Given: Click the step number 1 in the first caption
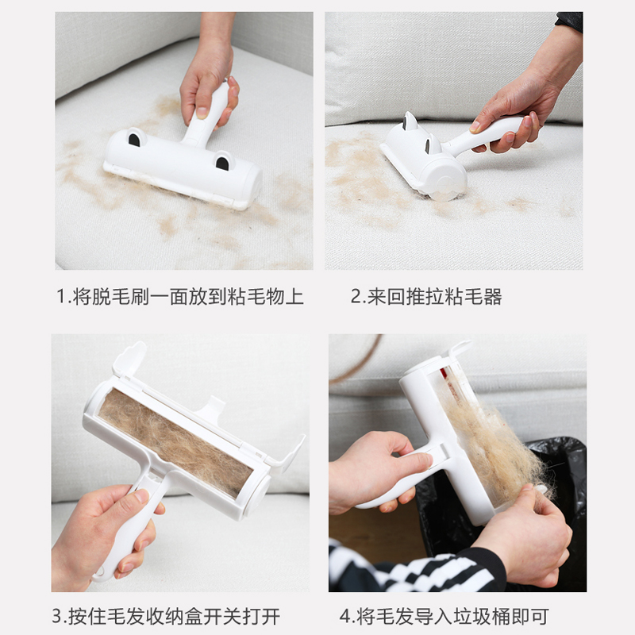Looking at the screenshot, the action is click(x=61, y=296).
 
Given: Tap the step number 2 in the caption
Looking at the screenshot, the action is click(x=356, y=296).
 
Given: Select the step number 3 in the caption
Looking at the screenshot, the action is click(x=56, y=616).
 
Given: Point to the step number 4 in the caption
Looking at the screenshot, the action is click(x=345, y=616).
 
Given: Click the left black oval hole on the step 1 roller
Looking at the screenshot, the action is click(x=134, y=140).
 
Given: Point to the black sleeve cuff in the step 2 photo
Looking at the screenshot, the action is click(x=570, y=21).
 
